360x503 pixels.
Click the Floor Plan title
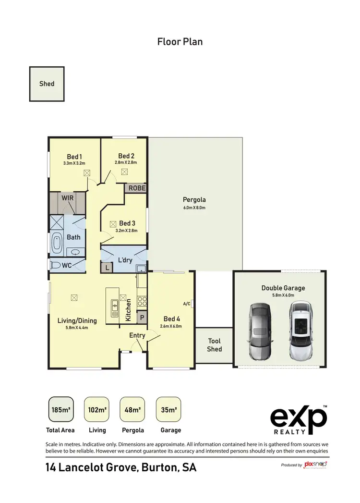180,42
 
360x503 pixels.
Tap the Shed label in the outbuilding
47,84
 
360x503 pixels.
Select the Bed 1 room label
74,156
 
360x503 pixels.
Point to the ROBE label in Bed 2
136,188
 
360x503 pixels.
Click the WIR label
67,197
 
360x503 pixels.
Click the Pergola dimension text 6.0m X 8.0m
194,208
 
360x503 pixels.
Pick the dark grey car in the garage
261,331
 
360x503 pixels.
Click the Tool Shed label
214,345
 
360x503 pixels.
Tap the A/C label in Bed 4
187,304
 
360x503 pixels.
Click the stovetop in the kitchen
142,301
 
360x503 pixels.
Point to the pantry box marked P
142,317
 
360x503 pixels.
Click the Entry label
137,335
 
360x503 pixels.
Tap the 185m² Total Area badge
61,410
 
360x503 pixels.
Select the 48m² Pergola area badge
132,410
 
